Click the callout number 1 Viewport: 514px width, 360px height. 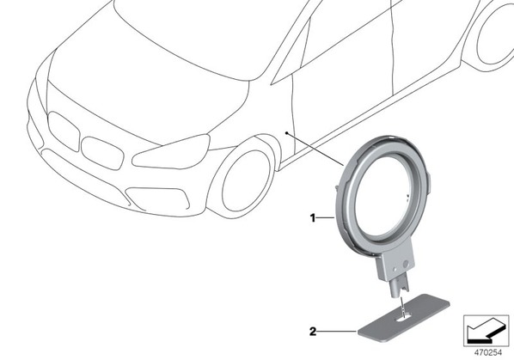313,218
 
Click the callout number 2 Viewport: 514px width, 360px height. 314,332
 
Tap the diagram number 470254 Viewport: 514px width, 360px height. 488,353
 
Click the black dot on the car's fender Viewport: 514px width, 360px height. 286,133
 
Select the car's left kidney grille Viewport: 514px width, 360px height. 64,131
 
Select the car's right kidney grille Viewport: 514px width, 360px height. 102,153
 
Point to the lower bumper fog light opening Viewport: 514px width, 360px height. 158,199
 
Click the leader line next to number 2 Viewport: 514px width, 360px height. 337,332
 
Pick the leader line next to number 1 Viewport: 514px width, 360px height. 326,217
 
